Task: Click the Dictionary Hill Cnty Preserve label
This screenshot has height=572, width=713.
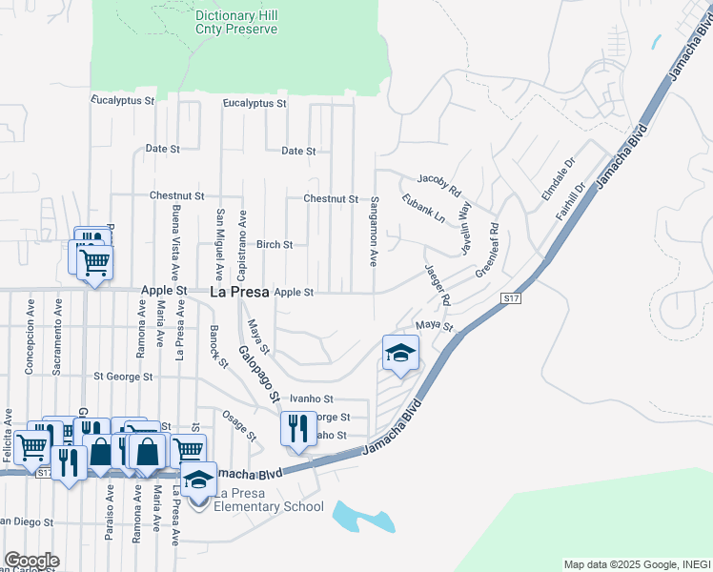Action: (236, 23)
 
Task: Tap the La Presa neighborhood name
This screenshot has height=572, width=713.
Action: (238, 292)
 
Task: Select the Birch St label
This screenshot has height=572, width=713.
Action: (275, 245)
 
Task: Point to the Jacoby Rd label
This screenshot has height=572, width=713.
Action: (438, 179)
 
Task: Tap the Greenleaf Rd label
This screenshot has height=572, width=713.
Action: (487, 250)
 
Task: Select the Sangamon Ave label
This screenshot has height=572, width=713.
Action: (375, 232)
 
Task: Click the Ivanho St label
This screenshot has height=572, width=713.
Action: (313, 399)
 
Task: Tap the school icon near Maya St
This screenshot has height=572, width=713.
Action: (400, 354)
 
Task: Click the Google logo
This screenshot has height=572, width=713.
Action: (31, 561)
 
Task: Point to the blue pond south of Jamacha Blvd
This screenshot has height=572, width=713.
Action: (362, 517)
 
